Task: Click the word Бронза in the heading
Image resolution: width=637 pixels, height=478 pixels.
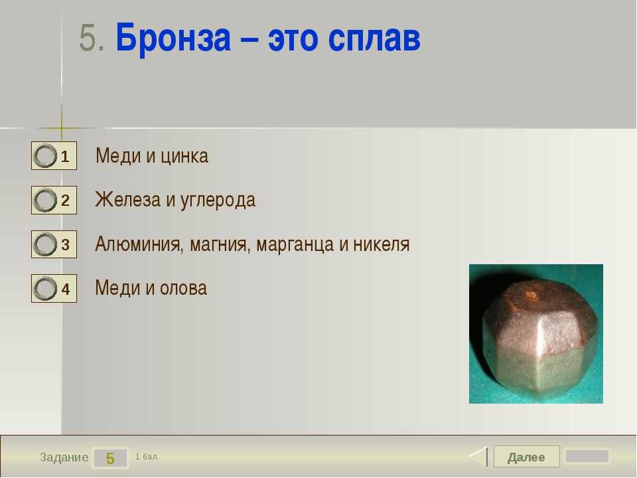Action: coord(173,39)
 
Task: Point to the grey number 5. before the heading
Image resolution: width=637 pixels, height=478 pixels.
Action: coord(92,38)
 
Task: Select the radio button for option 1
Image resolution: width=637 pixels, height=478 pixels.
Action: coord(44,155)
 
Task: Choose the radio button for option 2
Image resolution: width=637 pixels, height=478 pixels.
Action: coord(44,200)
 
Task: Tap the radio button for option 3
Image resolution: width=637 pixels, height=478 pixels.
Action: coord(44,244)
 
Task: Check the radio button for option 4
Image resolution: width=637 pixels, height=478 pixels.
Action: coord(44,289)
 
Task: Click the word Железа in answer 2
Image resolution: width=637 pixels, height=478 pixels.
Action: coord(127,200)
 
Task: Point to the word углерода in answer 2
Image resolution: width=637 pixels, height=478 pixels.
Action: coord(218,200)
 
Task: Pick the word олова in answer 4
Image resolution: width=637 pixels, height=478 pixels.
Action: coord(183,288)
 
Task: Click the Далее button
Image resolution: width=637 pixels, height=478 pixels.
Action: coord(526,457)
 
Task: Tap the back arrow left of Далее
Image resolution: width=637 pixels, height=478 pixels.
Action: coord(478,457)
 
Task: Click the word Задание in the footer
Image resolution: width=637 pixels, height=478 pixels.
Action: coord(64,457)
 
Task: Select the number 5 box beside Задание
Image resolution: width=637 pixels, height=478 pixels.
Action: coord(110,458)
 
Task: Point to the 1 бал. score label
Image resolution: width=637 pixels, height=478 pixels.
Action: coord(147,457)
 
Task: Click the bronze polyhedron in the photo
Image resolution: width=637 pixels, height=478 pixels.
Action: coord(540,337)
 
